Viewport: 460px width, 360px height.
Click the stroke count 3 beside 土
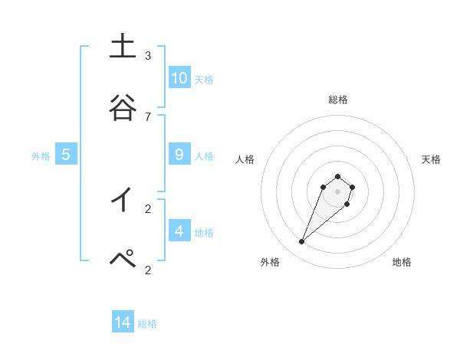(148, 56)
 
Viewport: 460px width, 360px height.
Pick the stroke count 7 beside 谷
(148, 116)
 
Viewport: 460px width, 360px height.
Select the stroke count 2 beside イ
(148, 208)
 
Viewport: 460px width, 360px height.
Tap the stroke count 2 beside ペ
(148, 270)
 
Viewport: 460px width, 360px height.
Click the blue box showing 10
(179, 78)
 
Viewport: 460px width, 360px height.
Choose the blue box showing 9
(179, 155)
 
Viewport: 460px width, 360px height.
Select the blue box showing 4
(179, 231)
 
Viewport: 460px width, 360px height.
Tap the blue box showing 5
(66, 155)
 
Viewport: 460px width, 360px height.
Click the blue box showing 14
(123, 322)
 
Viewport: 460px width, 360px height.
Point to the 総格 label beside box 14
(147, 324)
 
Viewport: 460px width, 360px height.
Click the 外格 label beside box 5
(41, 156)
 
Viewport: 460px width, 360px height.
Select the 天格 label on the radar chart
(431, 159)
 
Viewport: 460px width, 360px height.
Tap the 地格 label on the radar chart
(402, 262)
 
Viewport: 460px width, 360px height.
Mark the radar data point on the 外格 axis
(302, 242)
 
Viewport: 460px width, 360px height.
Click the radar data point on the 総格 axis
(337, 174)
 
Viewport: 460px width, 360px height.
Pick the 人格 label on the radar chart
(245, 159)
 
